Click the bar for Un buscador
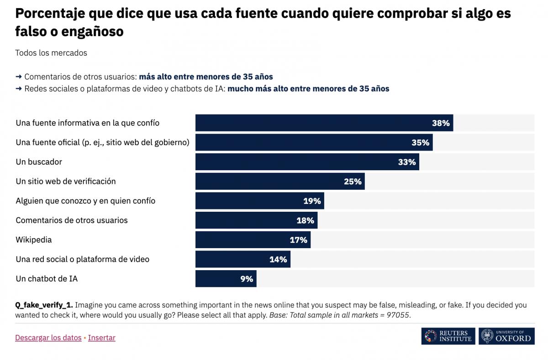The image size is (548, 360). [307, 162]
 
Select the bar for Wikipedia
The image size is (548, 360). [253, 240]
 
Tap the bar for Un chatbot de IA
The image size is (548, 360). [226, 279]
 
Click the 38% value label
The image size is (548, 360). [441, 123]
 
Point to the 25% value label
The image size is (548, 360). [353, 182]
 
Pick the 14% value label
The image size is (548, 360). [278, 260]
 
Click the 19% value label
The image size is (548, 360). [312, 201]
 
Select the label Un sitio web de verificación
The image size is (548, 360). [66, 182]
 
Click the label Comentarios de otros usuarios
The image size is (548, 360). [72, 220]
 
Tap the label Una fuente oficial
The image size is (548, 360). [102, 142]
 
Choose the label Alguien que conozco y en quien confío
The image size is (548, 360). [85, 201]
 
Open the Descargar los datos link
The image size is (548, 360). [48, 338]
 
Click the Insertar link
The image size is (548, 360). [102, 338]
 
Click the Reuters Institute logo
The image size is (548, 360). [448, 336]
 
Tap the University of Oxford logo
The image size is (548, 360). [506, 336]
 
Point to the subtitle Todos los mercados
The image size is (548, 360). [51, 53]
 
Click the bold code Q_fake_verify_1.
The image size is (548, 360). [44, 305]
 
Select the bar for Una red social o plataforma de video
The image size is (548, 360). [242, 260]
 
